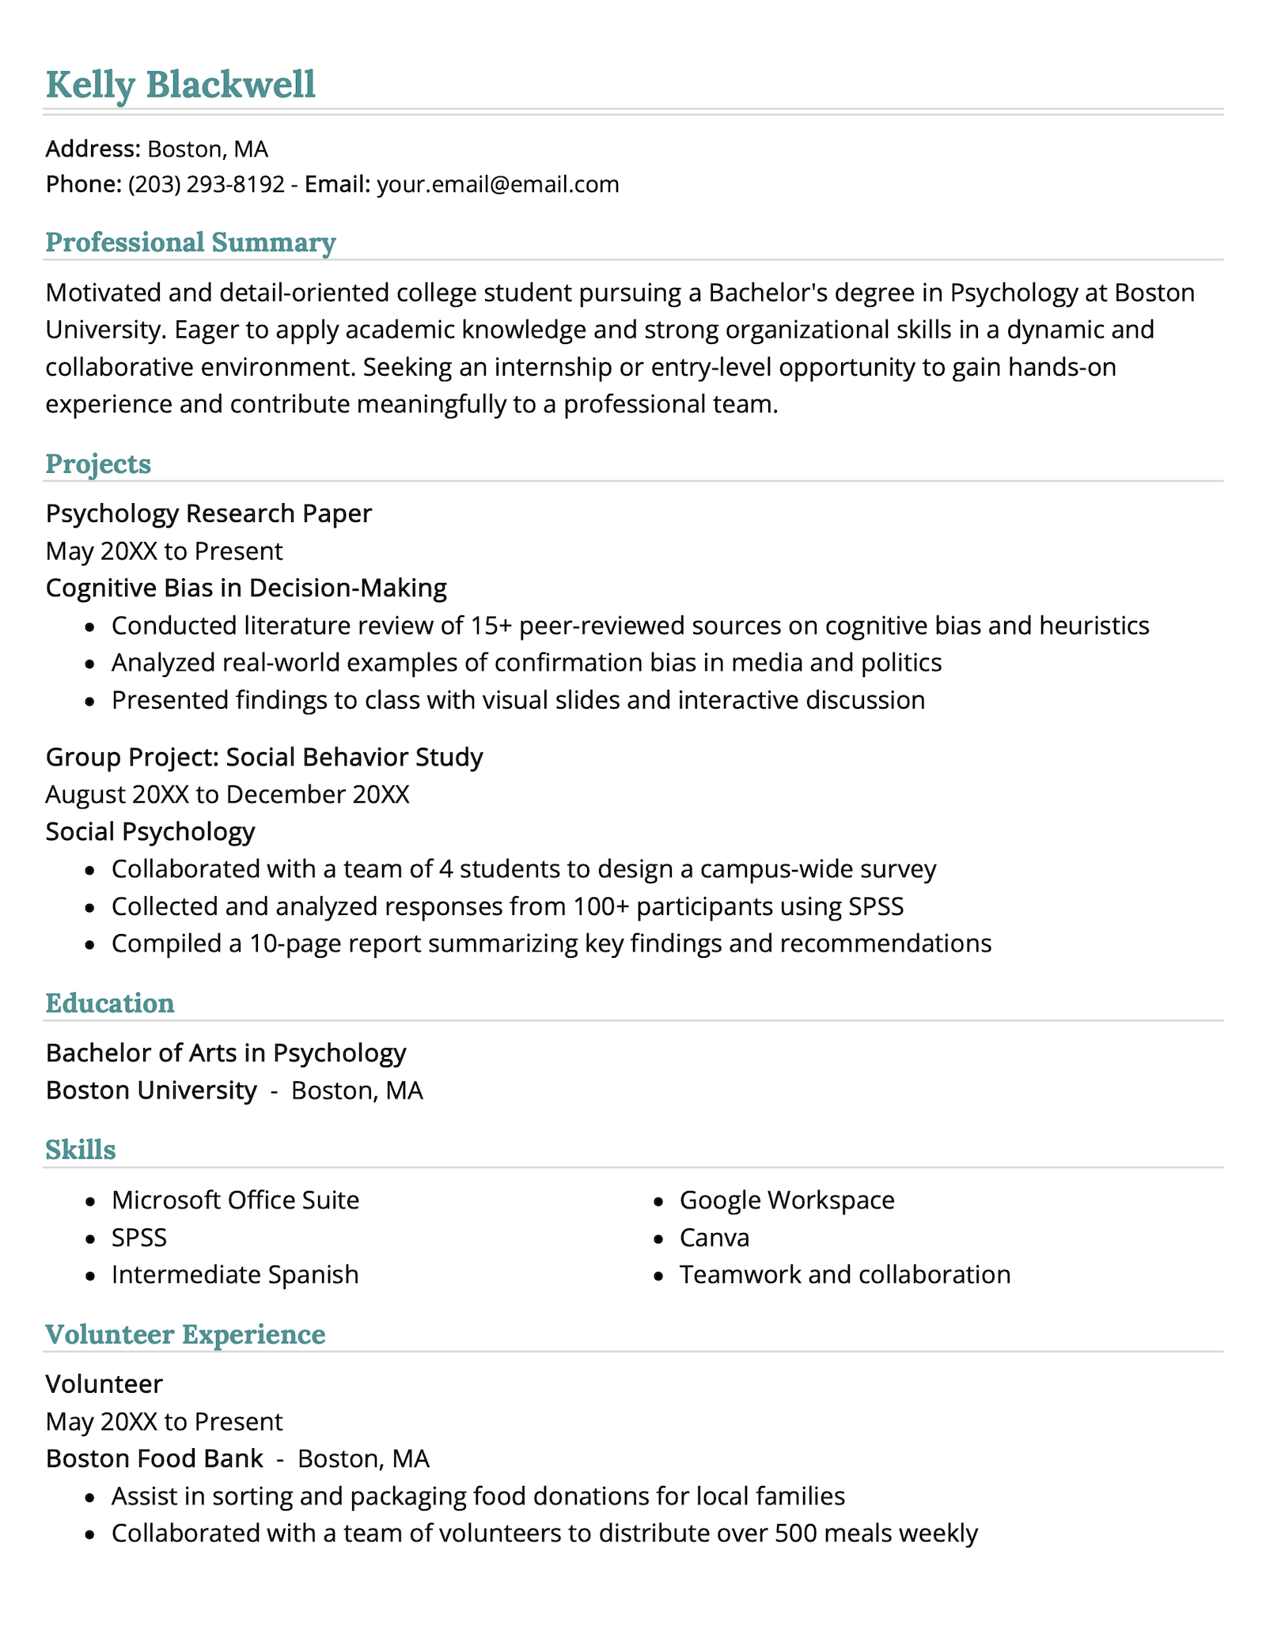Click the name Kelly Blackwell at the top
[x=180, y=85]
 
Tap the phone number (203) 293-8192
[x=206, y=184]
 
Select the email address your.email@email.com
[x=498, y=184]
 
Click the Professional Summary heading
[x=190, y=242]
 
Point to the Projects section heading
[x=98, y=463]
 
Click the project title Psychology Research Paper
[x=209, y=513]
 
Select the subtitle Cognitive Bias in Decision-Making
[x=246, y=588]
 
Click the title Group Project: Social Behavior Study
[x=264, y=757]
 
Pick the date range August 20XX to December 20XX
[x=228, y=794]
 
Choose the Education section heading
[x=110, y=1003]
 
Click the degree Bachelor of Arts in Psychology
[x=226, y=1053]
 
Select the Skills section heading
[x=81, y=1149]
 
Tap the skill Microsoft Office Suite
[x=235, y=1200]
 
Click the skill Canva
[x=714, y=1237]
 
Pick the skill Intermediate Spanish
[x=235, y=1274]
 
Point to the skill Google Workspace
[x=787, y=1200]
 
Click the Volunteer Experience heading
[x=185, y=1334]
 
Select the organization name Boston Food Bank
[x=154, y=1458]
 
